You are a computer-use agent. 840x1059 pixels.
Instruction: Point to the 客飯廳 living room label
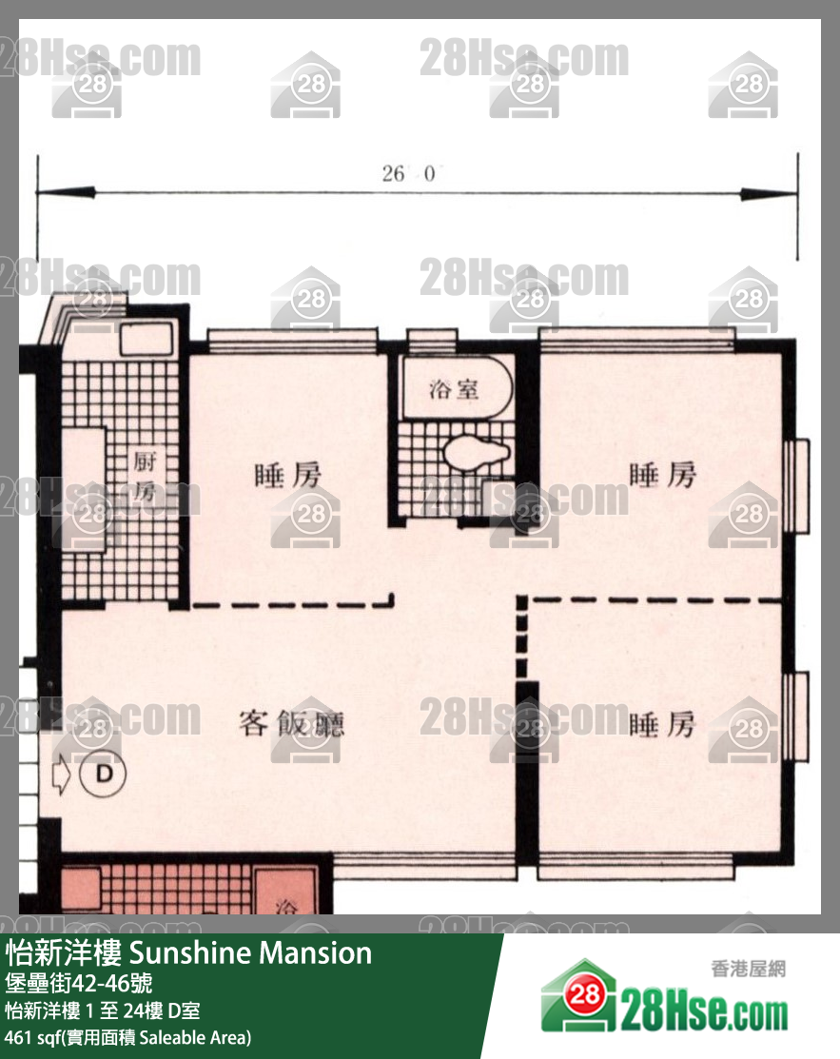(290, 724)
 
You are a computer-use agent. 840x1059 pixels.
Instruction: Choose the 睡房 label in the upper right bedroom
(663, 475)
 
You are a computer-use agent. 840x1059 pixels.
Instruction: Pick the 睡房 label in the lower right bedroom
(663, 725)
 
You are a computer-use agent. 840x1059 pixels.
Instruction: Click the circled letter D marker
(103, 774)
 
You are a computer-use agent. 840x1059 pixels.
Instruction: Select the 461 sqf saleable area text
(128, 1037)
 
